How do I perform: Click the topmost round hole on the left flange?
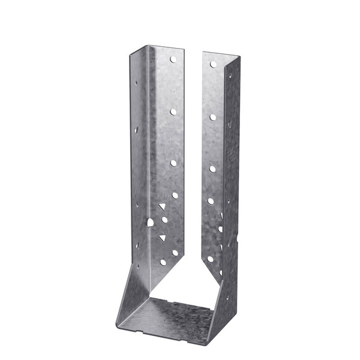pos(173,59)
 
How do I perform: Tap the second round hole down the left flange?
pos(173,112)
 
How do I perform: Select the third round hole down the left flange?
pos(173,163)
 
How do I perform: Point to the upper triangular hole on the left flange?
pos(161,207)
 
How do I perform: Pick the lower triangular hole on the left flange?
pos(162,238)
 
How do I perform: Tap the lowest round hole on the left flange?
pos(163,262)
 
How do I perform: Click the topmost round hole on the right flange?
pos(213,64)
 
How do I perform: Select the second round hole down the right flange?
pos(212,117)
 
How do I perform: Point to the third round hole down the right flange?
pos(212,169)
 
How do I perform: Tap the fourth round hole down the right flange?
pos(211,201)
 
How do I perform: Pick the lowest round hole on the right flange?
pos(210,259)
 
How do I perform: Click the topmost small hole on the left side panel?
pos(137,85)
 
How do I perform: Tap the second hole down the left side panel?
pos(137,128)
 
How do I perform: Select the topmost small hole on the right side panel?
pos(229,76)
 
